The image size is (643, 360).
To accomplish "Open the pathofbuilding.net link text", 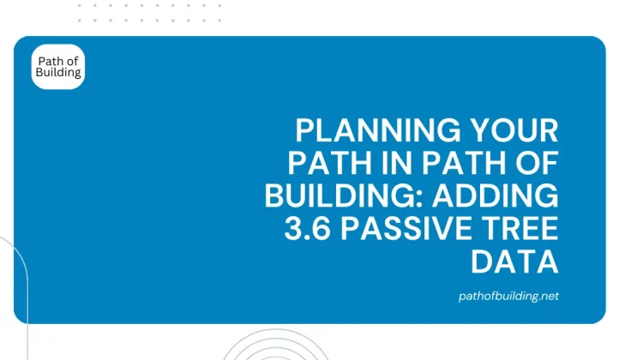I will [x=509, y=296].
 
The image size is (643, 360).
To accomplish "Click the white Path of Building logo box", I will [x=58, y=67].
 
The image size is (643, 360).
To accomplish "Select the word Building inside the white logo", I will [x=58, y=73].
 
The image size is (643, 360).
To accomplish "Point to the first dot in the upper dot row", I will [x=80, y=6].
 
